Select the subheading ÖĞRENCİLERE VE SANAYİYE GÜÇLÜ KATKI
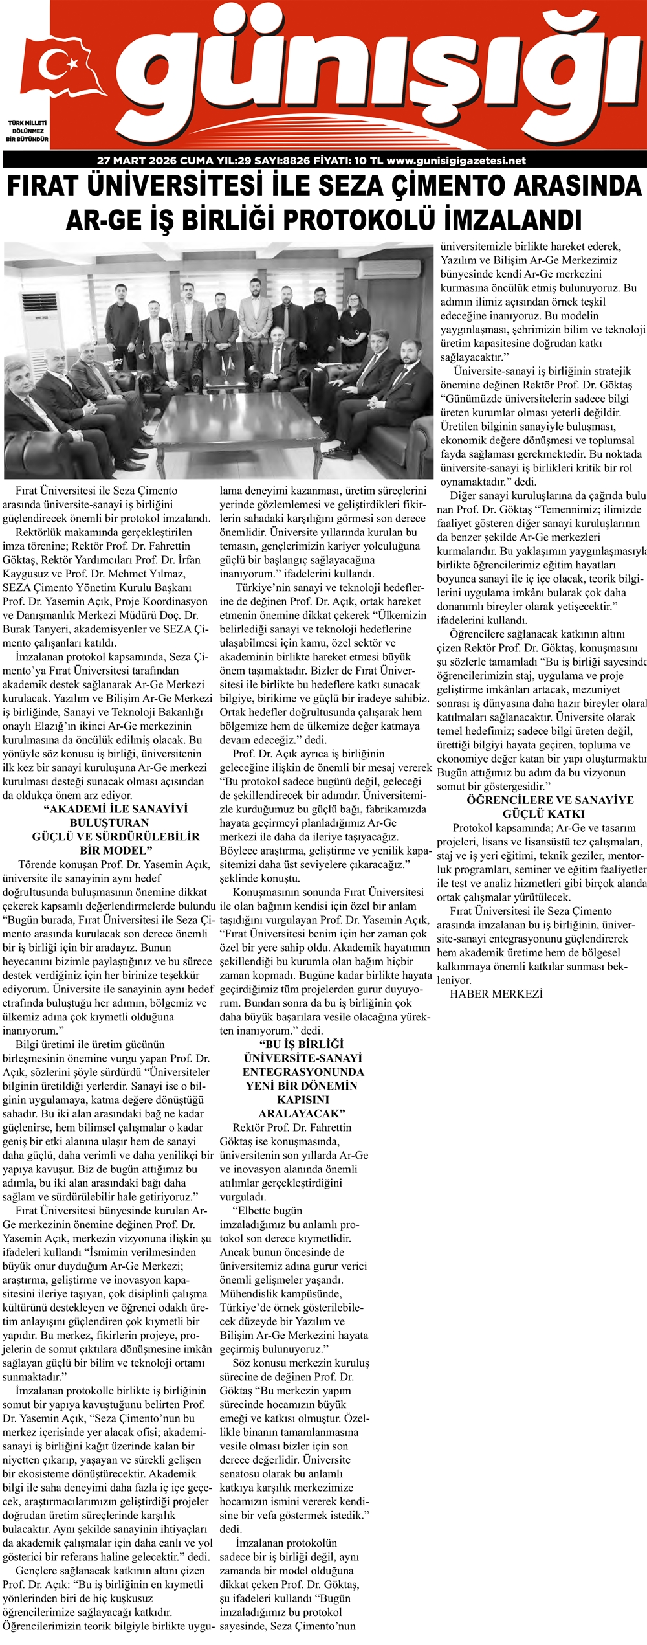click(542, 807)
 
